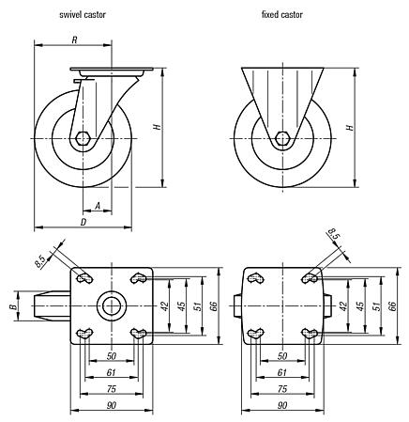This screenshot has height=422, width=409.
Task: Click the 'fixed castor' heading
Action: pos(282,15)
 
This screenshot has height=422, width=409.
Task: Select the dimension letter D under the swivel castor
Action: pos(83,222)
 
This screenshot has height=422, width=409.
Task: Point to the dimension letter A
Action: pos(98,204)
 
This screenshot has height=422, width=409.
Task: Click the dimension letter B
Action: pos(12,305)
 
